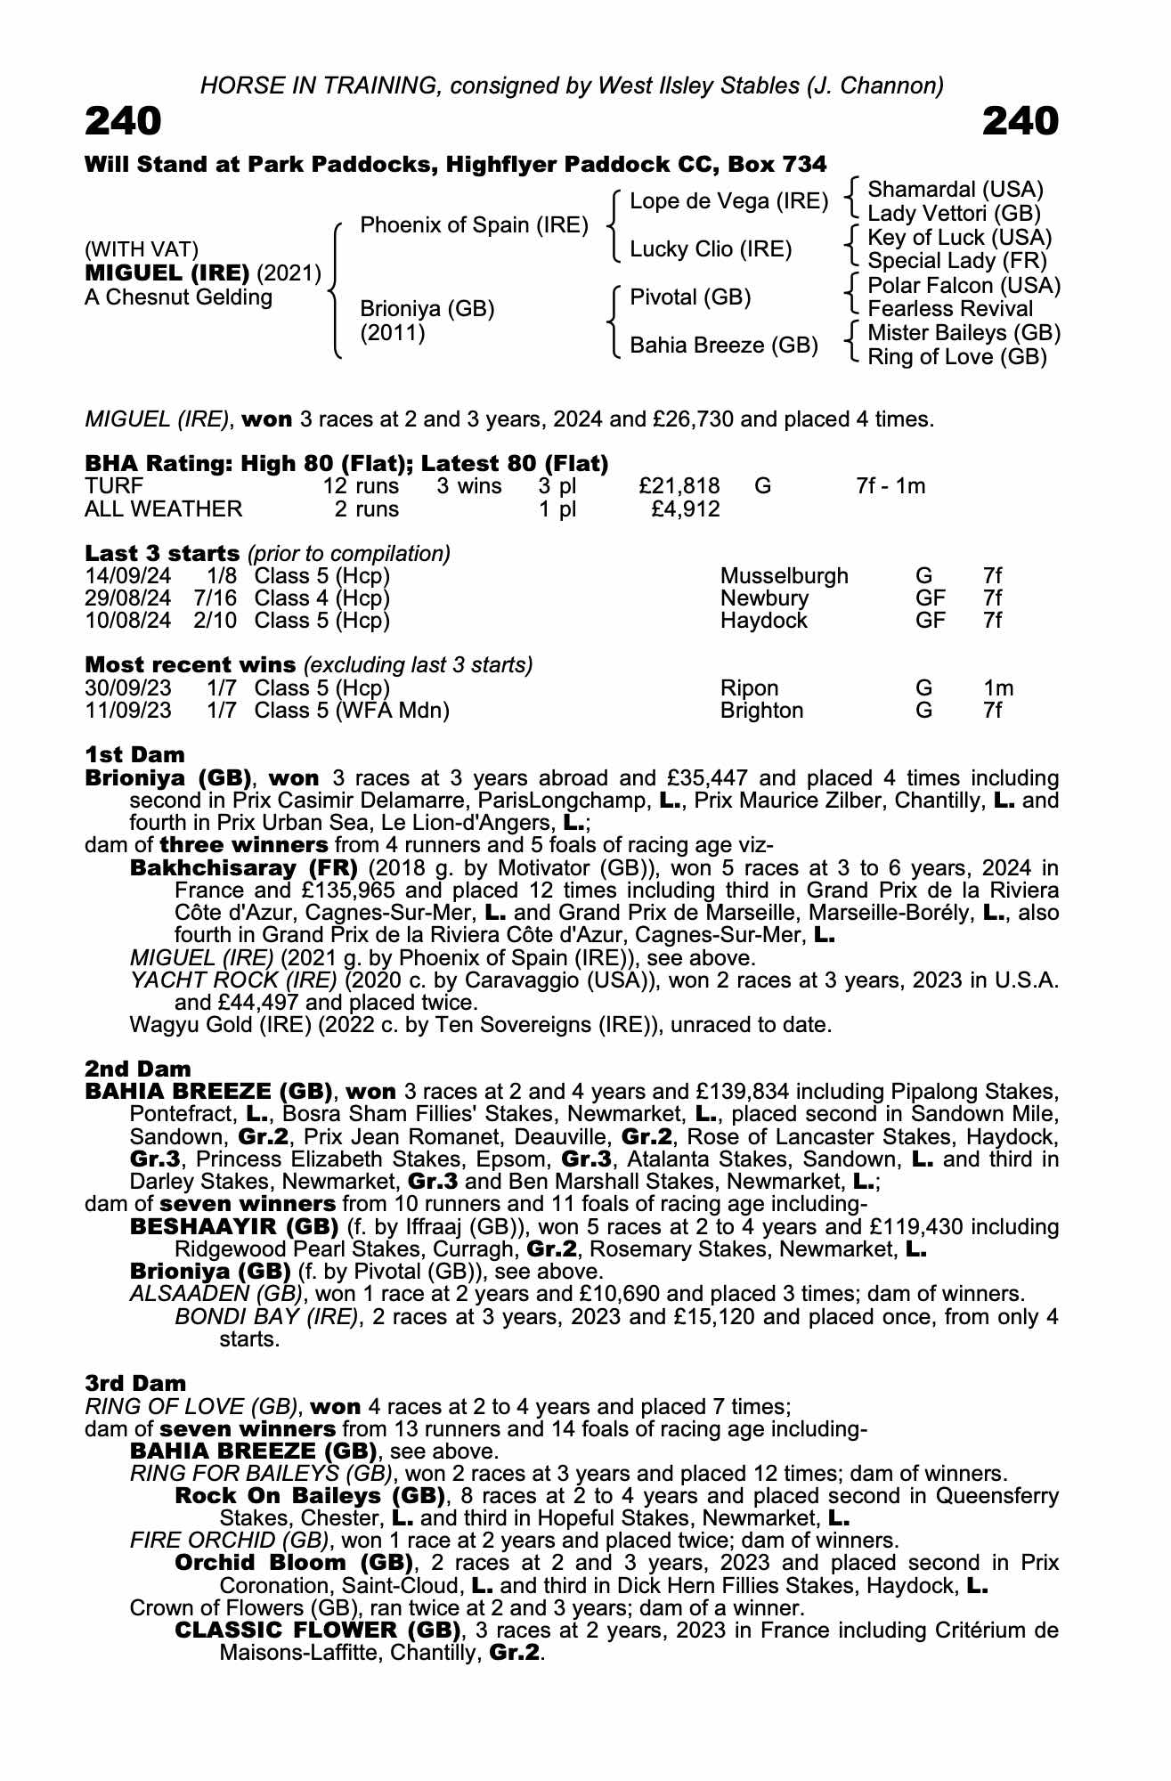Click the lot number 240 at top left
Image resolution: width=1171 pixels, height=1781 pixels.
point(123,121)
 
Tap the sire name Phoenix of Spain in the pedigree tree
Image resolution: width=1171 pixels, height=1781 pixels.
point(474,225)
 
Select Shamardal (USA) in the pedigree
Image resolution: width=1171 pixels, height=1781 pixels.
point(955,190)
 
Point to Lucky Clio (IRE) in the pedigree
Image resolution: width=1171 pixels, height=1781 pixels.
point(711,249)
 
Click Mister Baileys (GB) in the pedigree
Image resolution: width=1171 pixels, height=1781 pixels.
point(964,333)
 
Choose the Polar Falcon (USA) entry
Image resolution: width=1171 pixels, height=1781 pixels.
point(964,286)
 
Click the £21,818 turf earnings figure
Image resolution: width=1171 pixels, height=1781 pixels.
point(679,486)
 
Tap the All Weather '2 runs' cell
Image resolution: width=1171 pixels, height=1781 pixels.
point(366,509)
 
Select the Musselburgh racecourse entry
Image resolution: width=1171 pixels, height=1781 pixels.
point(784,576)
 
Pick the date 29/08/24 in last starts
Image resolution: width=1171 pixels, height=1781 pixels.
point(127,598)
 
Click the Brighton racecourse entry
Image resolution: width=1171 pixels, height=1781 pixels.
point(761,711)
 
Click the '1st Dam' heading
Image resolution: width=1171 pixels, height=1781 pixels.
point(134,754)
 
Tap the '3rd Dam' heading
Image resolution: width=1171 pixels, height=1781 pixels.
point(135,1383)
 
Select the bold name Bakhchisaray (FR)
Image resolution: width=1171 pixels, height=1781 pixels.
point(243,867)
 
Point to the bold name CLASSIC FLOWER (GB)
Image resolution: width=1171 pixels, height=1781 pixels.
point(318,1630)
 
